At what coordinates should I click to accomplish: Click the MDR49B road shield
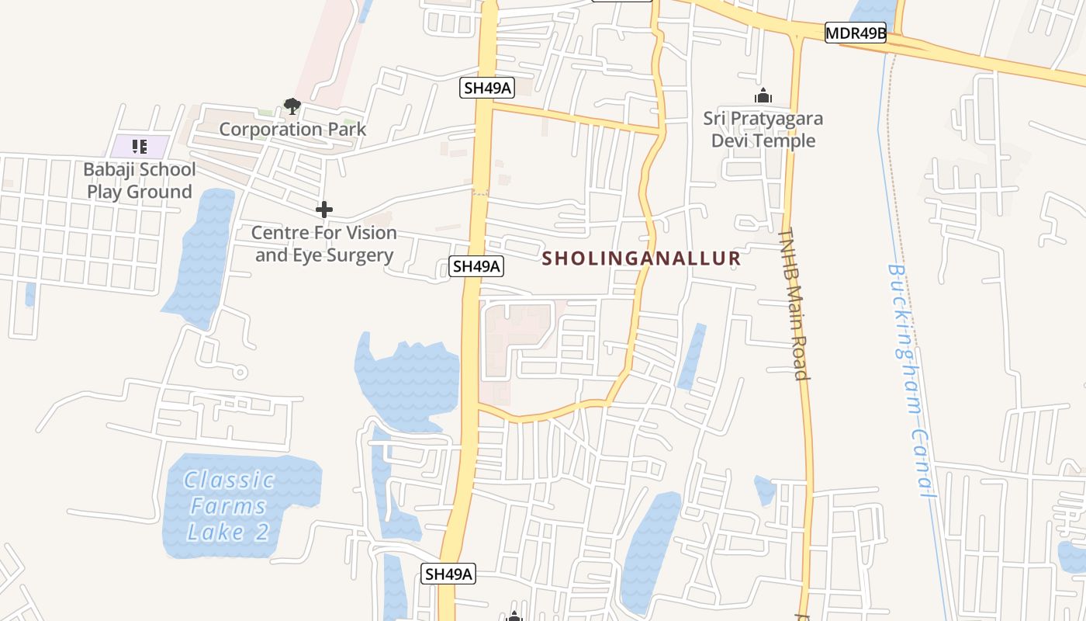click(855, 33)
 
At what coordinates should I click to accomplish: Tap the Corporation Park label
click(292, 129)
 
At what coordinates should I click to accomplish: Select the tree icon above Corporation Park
click(292, 106)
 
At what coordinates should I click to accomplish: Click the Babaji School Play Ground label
click(140, 180)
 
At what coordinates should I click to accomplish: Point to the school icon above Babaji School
click(140, 146)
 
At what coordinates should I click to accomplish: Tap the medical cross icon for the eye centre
click(324, 210)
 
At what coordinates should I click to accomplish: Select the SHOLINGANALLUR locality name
click(641, 258)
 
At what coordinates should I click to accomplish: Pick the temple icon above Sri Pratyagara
click(763, 96)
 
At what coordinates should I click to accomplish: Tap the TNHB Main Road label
click(794, 303)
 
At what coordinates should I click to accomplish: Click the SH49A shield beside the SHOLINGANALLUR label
click(476, 266)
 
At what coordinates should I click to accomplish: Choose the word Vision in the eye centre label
click(366, 232)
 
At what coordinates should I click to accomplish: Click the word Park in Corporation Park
click(345, 129)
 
